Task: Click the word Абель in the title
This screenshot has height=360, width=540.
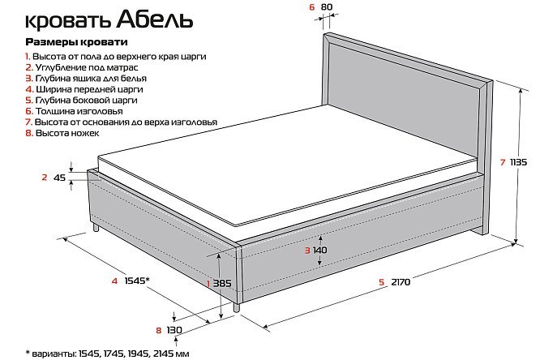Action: pyautogui.click(x=154, y=20)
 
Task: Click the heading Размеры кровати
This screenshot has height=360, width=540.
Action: pyautogui.click(x=76, y=42)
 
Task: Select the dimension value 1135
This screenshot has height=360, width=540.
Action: pyautogui.click(x=518, y=162)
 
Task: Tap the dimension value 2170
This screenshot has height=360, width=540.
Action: pyautogui.click(x=401, y=282)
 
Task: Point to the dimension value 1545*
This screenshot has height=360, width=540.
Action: pyautogui.click(x=137, y=281)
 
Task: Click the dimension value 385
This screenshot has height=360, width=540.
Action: pyautogui.click(x=222, y=284)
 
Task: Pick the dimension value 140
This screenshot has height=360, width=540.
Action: pyautogui.click(x=320, y=250)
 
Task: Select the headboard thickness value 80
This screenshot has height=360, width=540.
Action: pyautogui.click(x=327, y=6)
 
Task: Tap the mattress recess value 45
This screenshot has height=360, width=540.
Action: pyautogui.click(x=59, y=178)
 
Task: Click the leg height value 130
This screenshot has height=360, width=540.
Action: pyautogui.click(x=174, y=330)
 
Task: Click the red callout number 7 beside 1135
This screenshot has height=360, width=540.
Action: pyautogui.click(x=503, y=162)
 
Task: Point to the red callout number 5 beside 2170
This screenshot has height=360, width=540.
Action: pyautogui.click(x=381, y=282)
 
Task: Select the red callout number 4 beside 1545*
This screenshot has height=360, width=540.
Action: pyautogui.click(x=114, y=281)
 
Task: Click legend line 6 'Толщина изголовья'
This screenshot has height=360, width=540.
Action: pyautogui.click(x=74, y=111)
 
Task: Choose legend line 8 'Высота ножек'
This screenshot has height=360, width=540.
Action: pyautogui.click(x=62, y=133)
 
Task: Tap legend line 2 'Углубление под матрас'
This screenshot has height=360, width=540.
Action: pyautogui.click(x=82, y=67)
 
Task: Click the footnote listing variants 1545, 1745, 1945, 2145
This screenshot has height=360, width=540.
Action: pyautogui.click(x=108, y=354)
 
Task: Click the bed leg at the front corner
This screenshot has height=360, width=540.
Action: pyautogui.click(x=236, y=307)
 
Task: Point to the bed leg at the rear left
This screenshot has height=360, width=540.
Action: pyautogui.click(x=96, y=227)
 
